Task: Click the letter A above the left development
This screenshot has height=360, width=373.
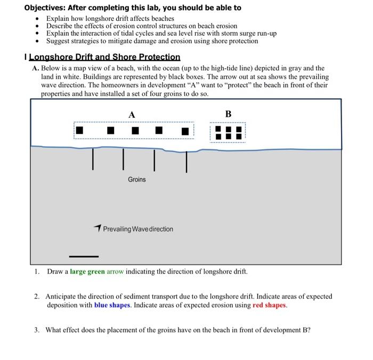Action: pyautogui.click(x=132, y=114)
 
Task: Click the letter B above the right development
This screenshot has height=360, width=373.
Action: pyautogui.click(x=229, y=114)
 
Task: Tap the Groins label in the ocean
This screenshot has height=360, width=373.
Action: pyautogui.click(x=136, y=180)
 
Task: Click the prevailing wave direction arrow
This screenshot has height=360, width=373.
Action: pyautogui.click(x=97, y=228)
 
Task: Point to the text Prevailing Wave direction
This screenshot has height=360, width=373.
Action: pyautogui.click(x=138, y=229)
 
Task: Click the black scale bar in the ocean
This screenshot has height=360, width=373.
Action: pyautogui.click(x=83, y=256)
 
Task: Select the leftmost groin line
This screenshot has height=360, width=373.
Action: pyautogui.click(x=93, y=159)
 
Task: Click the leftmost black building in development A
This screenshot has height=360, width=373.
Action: pyautogui.click(x=79, y=130)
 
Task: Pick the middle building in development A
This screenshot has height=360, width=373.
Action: pyautogui.click(x=135, y=130)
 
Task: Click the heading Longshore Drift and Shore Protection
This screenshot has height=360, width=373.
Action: pyautogui.click(x=104, y=57)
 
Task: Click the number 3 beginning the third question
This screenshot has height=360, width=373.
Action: pyautogui.click(x=36, y=330)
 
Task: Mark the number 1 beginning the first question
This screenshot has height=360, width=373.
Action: pyautogui.click(x=36, y=271)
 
